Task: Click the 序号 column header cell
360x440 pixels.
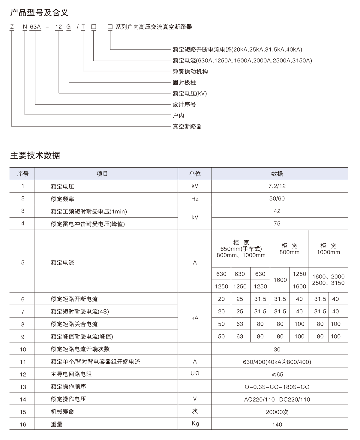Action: (x=22, y=174)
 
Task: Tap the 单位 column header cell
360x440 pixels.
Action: (x=195, y=174)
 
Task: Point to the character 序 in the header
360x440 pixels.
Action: (x=20, y=174)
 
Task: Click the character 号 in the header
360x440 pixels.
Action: (x=26, y=174)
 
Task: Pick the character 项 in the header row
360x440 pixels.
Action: (x=99, y=174)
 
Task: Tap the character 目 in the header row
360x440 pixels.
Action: (x=105, y=174)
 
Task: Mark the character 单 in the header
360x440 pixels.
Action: (x=192, y=174)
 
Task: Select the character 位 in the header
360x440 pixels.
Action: (x=198, y=174)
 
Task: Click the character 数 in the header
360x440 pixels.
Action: (x=274, y=174)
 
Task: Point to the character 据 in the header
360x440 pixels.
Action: (x=280, y=174)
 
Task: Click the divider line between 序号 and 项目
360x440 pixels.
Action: (x=35, y=174)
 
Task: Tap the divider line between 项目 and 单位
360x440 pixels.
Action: (x=178, y=174)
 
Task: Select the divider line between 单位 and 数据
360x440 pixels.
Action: (x=211, y=174)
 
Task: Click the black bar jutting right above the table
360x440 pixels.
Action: (x=266, y=55)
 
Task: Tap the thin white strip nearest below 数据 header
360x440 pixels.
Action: (x=276, y=215)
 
